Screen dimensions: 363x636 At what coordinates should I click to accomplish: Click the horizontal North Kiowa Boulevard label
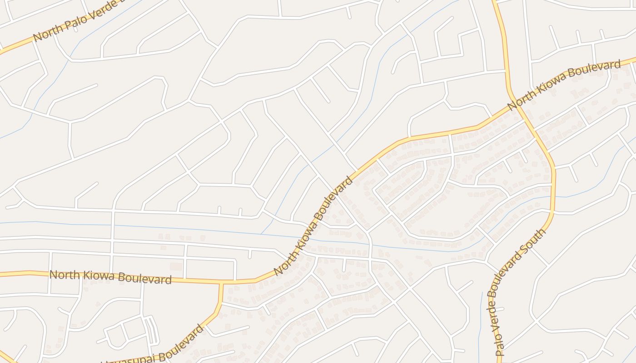110,277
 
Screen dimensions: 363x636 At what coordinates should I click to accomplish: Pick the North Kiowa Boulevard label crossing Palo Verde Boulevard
564,84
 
